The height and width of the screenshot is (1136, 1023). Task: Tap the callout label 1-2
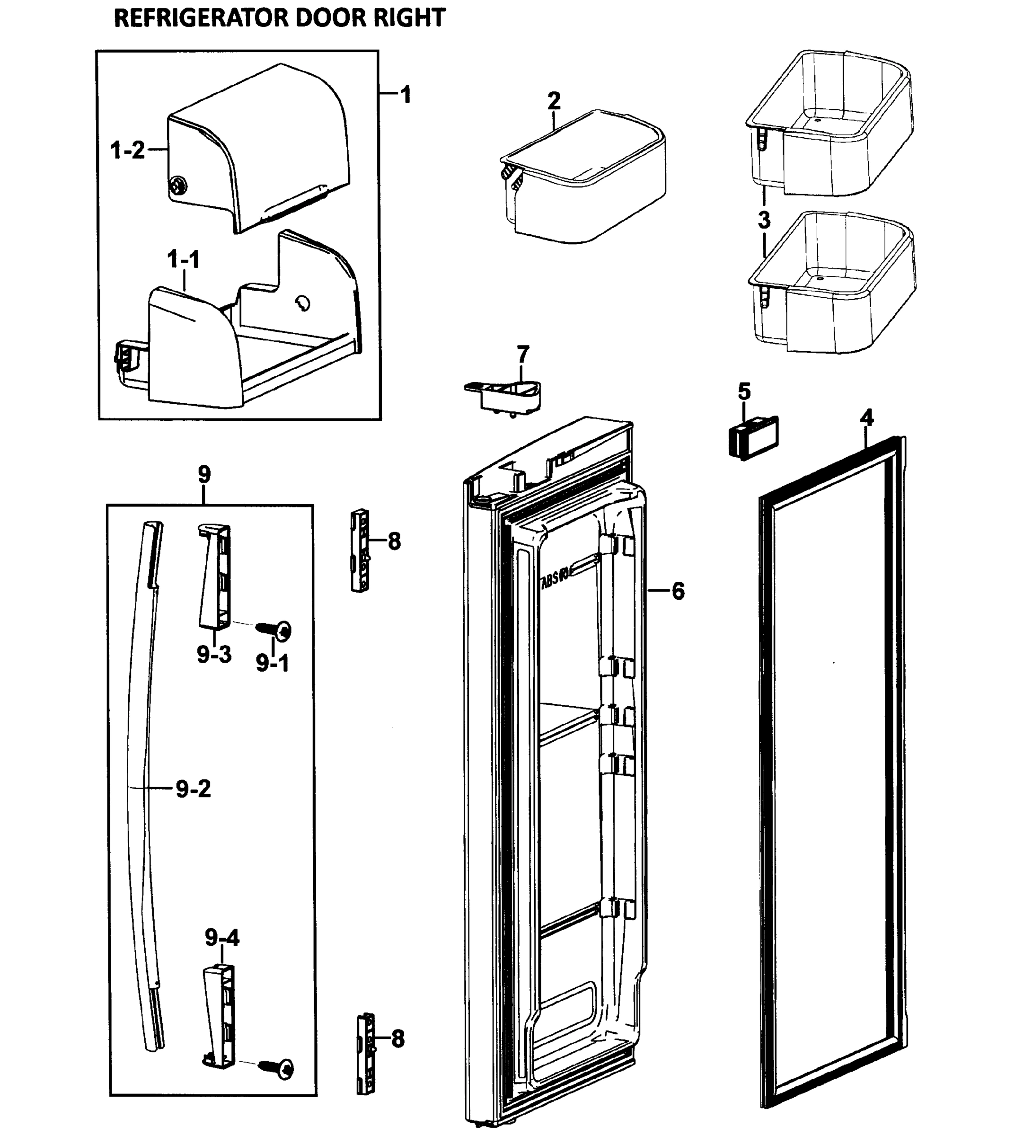point(128,150)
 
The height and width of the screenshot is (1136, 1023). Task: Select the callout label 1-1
point(184,260)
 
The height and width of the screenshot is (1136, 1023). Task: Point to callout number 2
point(554,101)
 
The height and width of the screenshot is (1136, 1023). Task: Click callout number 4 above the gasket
point(867,418)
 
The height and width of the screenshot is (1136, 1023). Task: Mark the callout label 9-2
point(194,789)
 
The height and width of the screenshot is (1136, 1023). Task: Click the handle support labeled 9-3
point(214,577)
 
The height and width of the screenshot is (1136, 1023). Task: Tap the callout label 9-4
point(222,938)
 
